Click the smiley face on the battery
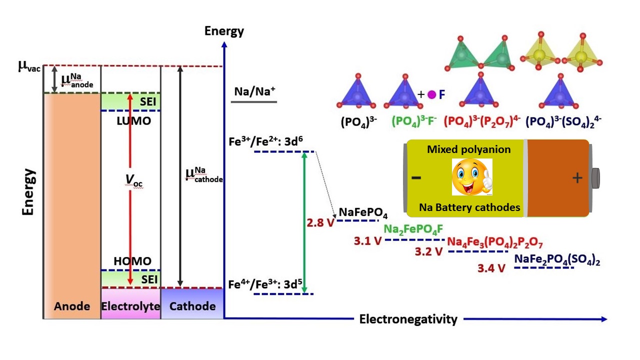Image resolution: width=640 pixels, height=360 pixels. coord(472,177)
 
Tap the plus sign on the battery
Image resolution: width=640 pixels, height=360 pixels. coord(577,178)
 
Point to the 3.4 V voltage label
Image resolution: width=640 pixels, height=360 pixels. coord(491,268)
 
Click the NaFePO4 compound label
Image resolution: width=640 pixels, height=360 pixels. coord(363,212)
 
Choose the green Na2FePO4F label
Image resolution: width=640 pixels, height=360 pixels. coord(413,229)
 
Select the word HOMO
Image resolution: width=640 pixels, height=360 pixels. coord(132,261)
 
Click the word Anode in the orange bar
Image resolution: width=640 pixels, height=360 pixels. coord(72,306)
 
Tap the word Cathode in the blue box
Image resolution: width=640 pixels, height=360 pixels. coord(192,306)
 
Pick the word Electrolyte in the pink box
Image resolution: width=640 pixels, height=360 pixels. coord(131,306)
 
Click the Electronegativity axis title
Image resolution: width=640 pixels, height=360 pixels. coord(408,319)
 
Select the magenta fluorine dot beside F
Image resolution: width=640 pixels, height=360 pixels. coord(431,94)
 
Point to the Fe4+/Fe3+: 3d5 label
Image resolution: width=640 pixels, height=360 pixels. coord(265,284)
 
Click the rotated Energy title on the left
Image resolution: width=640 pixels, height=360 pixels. coord(29,192)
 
